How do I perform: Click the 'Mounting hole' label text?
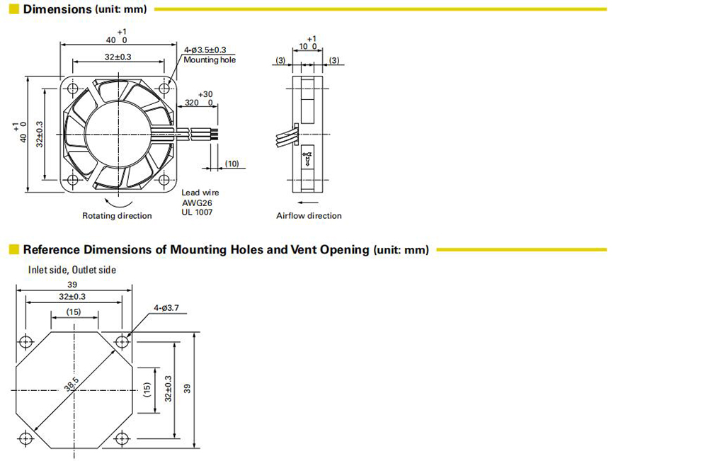click(x=210, y=59)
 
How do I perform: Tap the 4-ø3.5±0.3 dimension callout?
click(x=205, y=50)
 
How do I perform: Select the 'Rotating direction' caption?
click(x=117, y=216)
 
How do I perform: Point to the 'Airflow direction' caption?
click(x=309, y=216)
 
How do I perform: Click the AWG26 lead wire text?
click(x=197, y=203)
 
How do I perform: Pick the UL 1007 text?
click(x=197, y=212)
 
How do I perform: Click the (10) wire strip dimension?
click(x=232, y=164)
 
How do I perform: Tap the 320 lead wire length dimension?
click(x=192, y=103)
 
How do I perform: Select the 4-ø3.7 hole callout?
click(x=166, y=308)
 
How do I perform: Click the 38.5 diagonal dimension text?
click(x=72, y=385)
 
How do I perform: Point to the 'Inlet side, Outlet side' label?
click(x=72, y=270)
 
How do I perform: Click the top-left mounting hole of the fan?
click(x=73, y=89)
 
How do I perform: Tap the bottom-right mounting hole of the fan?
click(x=164, y=180)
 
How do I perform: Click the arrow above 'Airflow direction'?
click(x=309, y=203)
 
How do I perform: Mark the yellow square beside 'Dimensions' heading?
click(x=14, y=9)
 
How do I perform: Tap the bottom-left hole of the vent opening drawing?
click(x=25, y=438)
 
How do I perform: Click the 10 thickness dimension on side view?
click(x=304, y=47)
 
